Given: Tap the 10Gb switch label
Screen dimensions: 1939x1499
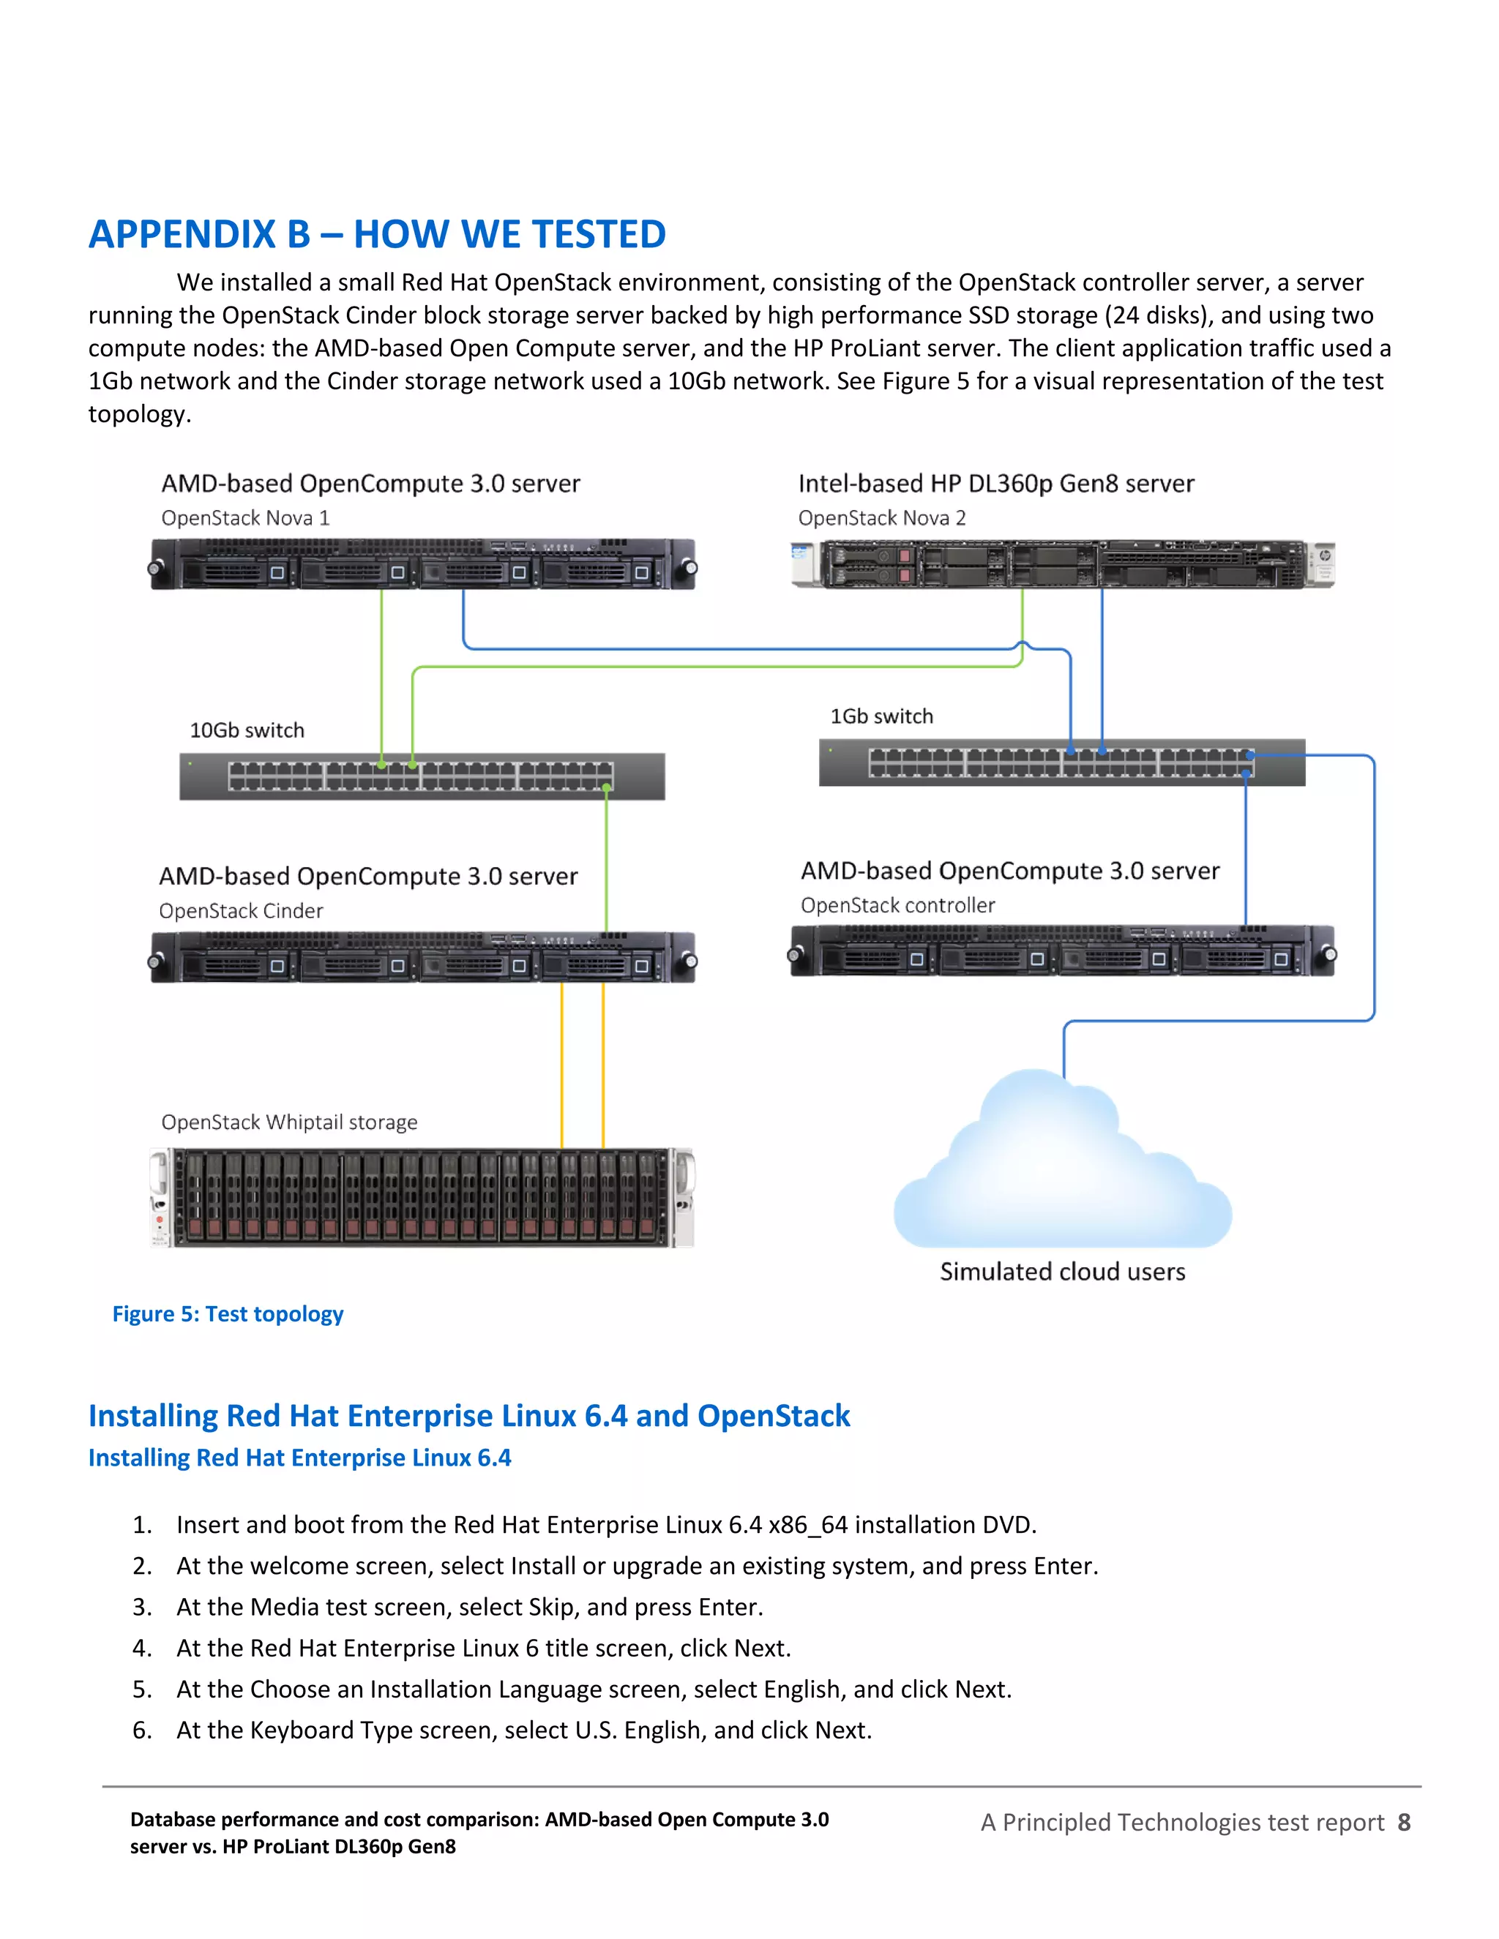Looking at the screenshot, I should [x=247, y=731].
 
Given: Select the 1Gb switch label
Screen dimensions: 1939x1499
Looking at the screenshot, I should [x=881, y=716].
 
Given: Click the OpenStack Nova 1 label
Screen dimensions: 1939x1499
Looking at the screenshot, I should [x=245, y=519].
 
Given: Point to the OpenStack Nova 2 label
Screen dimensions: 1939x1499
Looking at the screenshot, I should [x=881, y=519].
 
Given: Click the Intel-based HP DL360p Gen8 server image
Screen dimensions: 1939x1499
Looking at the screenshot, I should [x=1062, y=565].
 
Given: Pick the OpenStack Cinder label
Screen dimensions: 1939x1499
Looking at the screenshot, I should [x=241, y=911].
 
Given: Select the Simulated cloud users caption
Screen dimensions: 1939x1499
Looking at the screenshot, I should [x=1062, y=1272].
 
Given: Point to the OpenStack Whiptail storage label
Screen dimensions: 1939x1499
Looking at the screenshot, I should [x=288, y=1122].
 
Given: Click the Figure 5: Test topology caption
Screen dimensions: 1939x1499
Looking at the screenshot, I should [x=228, y=1314].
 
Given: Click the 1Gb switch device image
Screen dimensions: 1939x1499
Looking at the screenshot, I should [x=1061, y=762].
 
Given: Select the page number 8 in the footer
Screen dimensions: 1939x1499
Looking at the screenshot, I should [x=1403, y=1823].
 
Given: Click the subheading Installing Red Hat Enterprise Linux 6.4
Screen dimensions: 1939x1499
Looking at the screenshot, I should [x=299, y=1458].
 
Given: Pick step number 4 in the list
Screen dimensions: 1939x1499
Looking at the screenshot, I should [x=141, y=1649].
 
